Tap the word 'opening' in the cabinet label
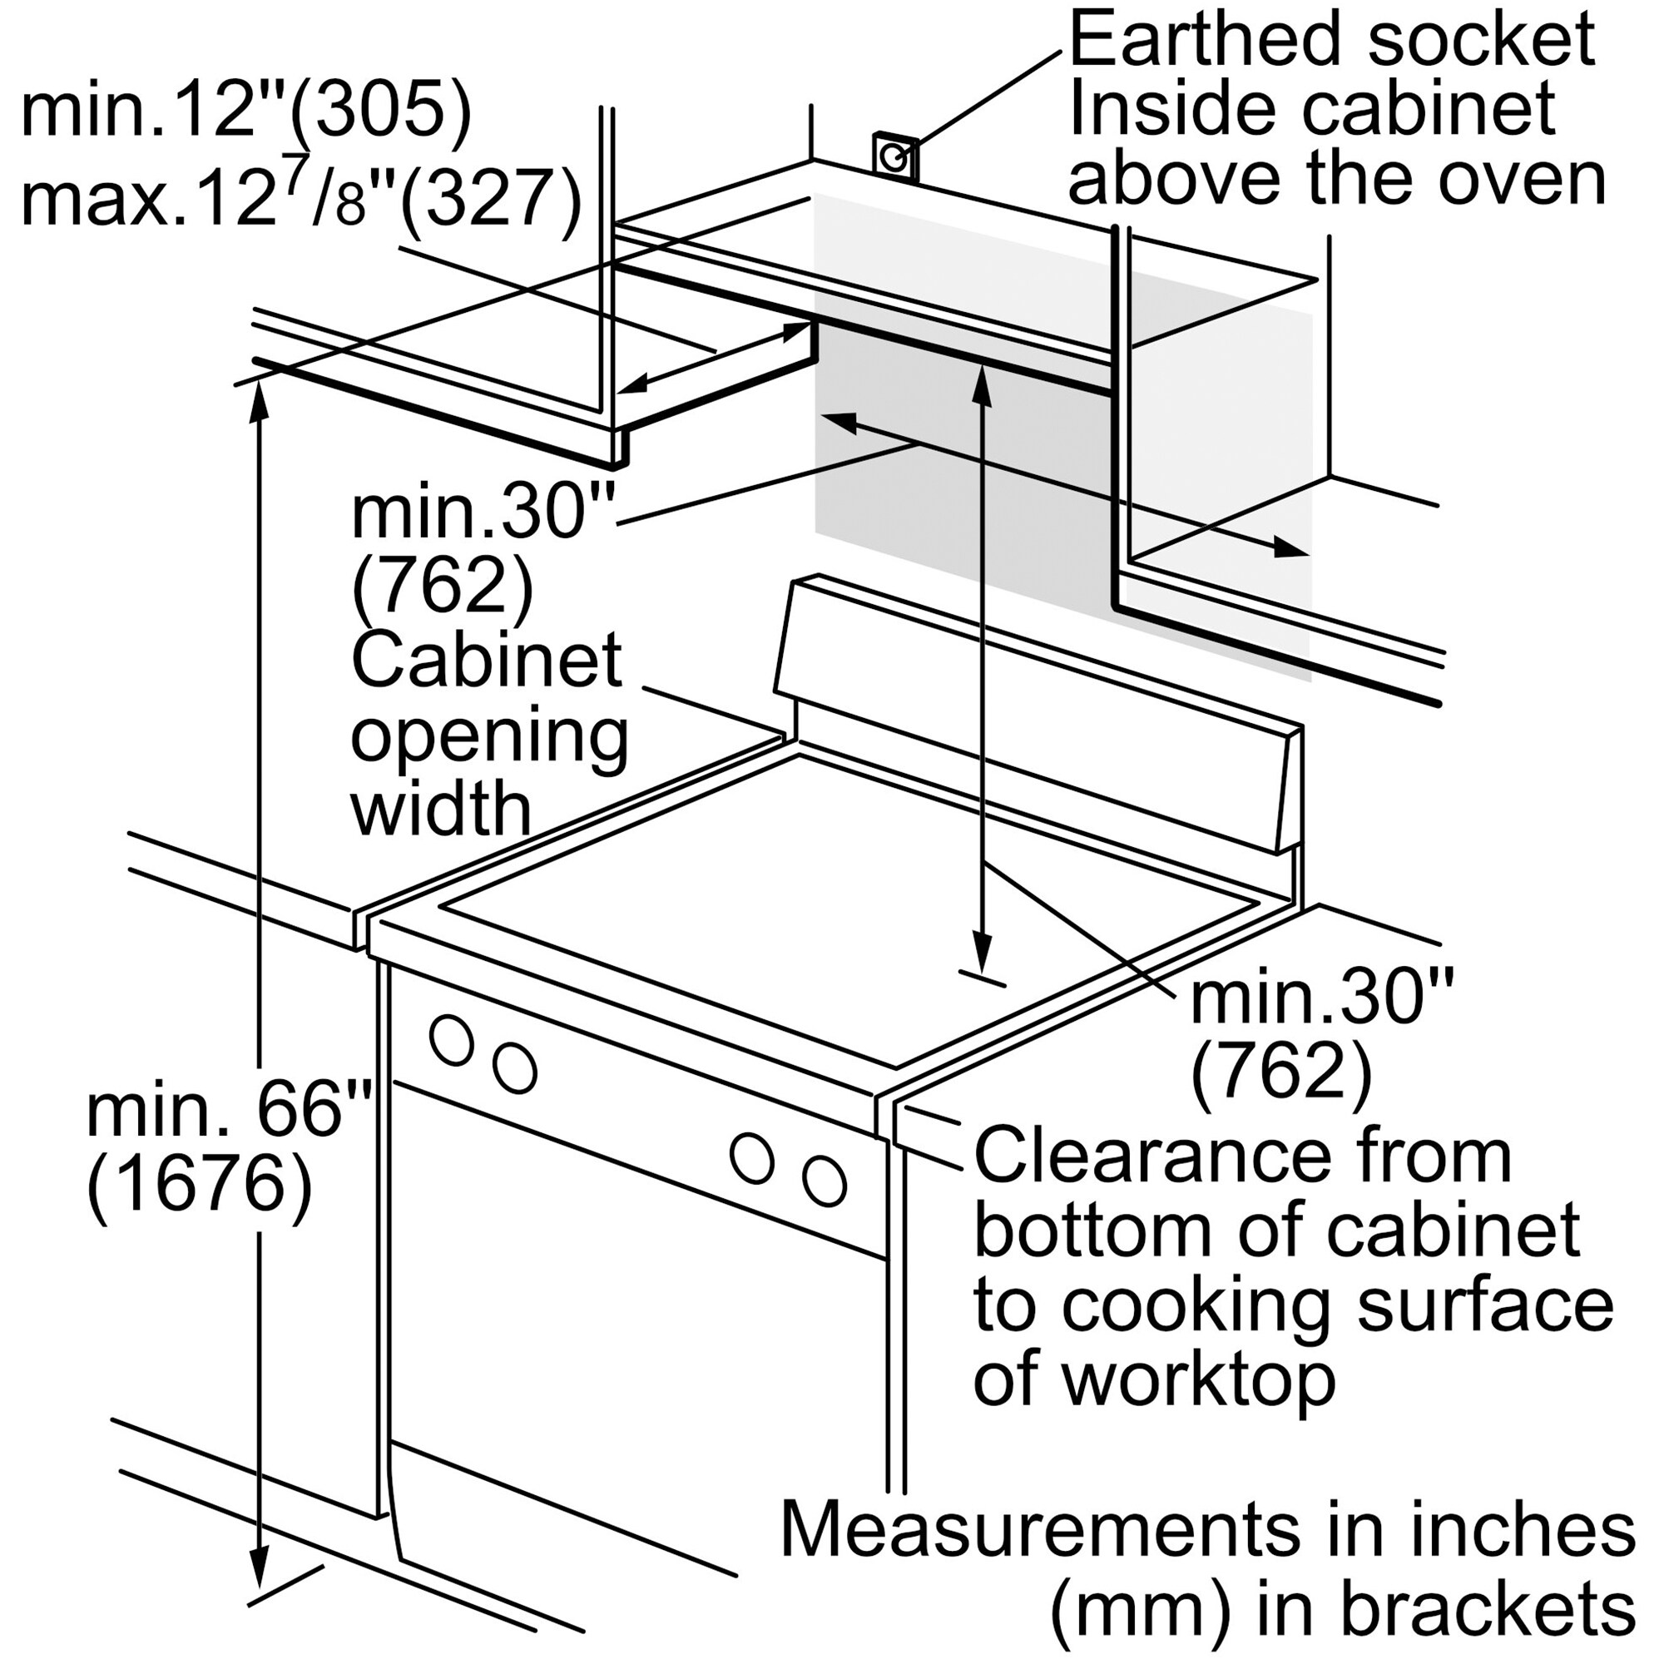click(x=488, y=739)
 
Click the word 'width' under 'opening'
click(x=441, y=810)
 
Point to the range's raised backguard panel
click(x=1033, y=715)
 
